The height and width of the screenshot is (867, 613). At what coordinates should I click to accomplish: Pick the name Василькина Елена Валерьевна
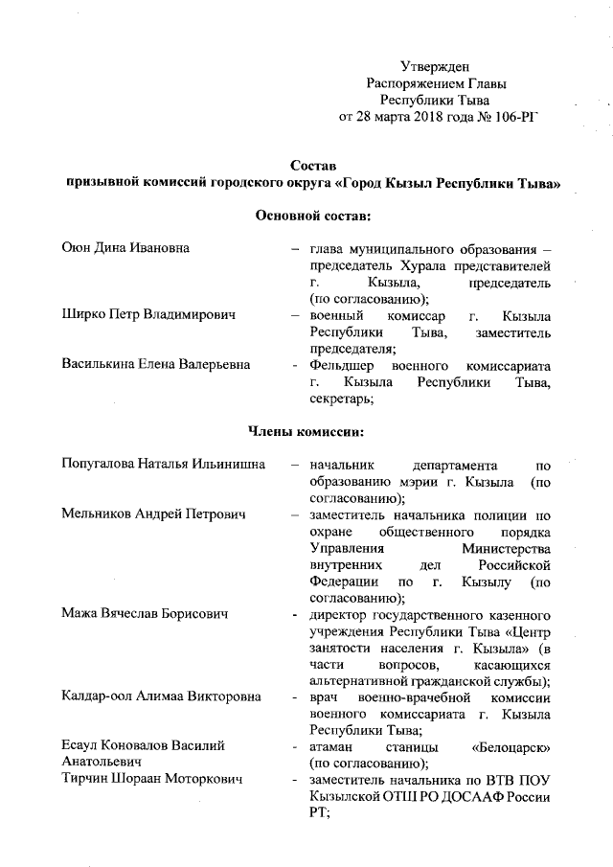[x=156, y=364]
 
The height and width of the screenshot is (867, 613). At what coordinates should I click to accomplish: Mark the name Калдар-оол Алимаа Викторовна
[x=161, y=696]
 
